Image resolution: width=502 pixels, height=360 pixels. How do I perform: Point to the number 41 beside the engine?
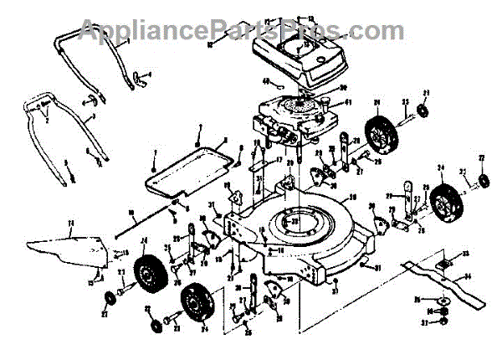[349, 103]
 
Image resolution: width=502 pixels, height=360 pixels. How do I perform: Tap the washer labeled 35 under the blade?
[443, 299]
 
